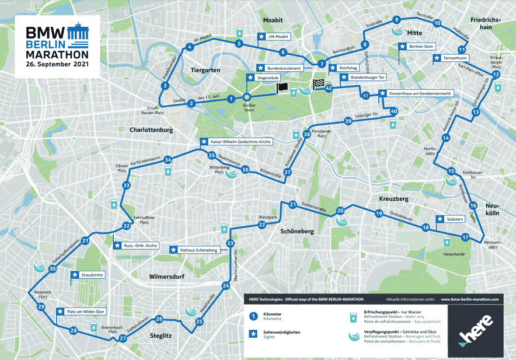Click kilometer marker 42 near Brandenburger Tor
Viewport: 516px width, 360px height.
pos(329,88)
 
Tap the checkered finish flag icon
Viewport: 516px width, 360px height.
pos(318,85)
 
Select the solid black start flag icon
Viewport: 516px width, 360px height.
pos(281,88)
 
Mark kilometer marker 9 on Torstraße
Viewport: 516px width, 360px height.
pos(397,19)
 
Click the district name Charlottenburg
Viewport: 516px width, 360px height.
pos(151,130)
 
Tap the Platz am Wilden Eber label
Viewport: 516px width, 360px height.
pos(85,312)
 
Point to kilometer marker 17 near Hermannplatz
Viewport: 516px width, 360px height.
pos(465,237)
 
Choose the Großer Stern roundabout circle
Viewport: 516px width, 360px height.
pos(247,97)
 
